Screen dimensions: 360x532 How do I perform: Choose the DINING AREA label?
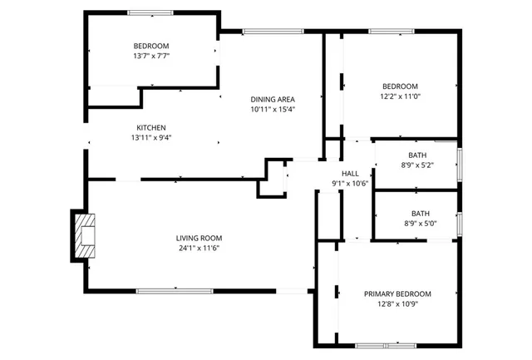pyautogui.click(x=273, y=99)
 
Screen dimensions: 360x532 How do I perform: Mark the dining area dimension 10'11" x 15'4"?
pyautogui.click(x=273, y=109)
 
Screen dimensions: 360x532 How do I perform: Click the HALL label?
pyautogui.click(x=350, y=172)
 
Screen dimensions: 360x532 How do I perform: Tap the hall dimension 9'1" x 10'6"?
pyautogui.click(x=350, y=183)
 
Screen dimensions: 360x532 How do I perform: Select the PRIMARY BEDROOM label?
pyautogui.click(x=397, y=293)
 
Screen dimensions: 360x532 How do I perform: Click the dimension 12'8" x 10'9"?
pyautogui.click(x=397, y=304)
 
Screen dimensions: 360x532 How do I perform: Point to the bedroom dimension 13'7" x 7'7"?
pyautogui.click(x=151, y=57)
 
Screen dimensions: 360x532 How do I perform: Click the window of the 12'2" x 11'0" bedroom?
pyautogui.click(x=391, y=32)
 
